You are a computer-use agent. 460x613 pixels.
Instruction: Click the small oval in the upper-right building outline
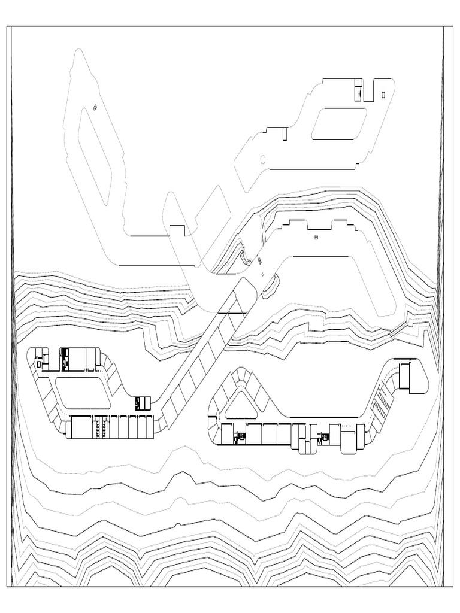(262, 159)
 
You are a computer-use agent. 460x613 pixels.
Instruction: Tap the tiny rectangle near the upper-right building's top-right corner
(383, 94)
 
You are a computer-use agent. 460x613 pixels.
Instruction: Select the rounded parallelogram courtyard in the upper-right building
(339, 123)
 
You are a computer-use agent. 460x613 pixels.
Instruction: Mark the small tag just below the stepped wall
(316, 238)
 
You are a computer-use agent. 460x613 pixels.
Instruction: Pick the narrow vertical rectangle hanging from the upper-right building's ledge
(285, 133)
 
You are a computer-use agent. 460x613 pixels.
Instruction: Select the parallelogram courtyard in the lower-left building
(84, 392)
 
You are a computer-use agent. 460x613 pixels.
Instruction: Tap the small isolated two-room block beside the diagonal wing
(141, 403)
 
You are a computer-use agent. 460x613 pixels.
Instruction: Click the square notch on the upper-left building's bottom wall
(177, 230)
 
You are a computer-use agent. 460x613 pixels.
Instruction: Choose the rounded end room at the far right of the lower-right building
(413, 377)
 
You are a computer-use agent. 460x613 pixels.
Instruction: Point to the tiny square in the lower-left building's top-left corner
(39, 363)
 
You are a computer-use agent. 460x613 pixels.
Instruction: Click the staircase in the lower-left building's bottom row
(105, 427)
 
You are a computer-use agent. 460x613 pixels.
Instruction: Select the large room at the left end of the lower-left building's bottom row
(80, 427)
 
